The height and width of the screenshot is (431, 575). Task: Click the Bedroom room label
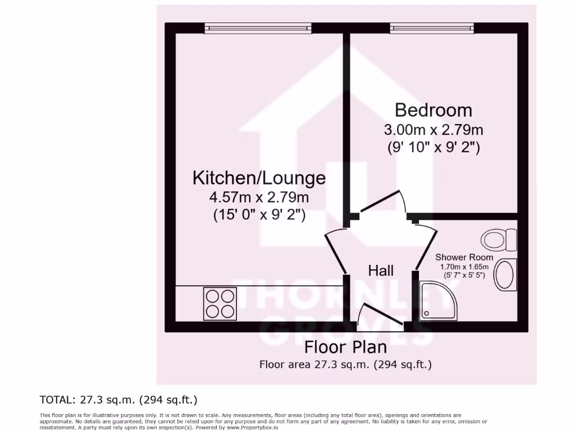(x=433, y=109)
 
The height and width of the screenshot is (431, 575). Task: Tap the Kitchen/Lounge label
(x=259, y=178)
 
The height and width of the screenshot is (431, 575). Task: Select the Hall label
(x=380, y=270)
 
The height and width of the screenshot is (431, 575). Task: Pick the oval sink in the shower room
(x=504, y=274)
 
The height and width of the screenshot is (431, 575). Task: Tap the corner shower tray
(x=440, y=301)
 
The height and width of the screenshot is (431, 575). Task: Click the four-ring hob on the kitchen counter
(x=220, y=303)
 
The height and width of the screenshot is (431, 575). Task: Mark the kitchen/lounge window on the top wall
(x=257, y=27)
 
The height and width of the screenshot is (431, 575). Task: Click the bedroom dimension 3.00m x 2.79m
(x=433, y=130)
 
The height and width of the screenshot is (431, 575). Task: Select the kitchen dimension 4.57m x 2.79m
(x=259, y=197)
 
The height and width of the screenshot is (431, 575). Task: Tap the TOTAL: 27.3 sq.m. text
(x=118, y=400)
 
